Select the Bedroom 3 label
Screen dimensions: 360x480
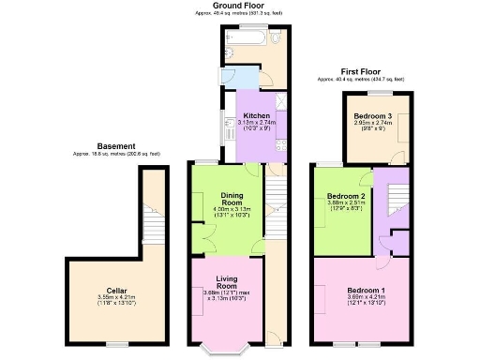point(372,115)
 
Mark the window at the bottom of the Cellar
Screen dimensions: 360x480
point(116,344)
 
